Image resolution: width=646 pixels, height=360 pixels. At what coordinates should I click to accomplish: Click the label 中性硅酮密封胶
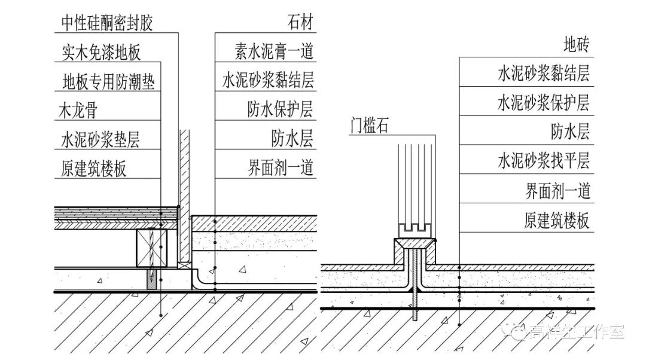click(107, 23)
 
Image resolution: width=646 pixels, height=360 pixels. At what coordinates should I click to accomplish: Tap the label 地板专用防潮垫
click(109, 81)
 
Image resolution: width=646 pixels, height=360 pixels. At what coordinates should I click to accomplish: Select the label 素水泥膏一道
click(274, 52)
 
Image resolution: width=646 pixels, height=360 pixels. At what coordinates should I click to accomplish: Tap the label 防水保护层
click(281, 110)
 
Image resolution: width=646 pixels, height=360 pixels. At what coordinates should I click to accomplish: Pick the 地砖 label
click(577, 45)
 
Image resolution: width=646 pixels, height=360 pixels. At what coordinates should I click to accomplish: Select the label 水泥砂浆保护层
click(543, 103)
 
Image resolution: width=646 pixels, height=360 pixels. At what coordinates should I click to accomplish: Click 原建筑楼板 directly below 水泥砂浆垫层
click(94, 169)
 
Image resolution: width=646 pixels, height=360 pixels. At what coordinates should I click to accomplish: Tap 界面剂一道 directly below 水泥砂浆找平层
click(557, 191)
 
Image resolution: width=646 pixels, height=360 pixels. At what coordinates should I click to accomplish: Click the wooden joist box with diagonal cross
click(151, 248)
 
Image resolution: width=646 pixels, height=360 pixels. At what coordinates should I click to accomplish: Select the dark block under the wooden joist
click(153, 279)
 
